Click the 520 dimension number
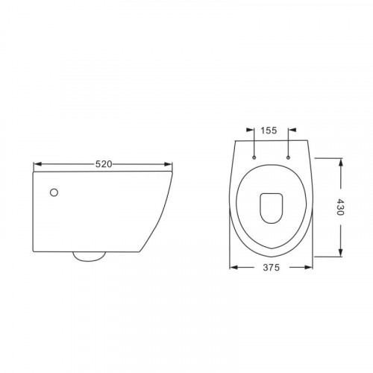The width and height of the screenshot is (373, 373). click(104, 164)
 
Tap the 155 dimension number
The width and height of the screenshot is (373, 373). click(269, 131)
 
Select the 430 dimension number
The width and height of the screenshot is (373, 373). click(340, 207)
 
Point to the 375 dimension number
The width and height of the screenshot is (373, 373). click(272, 267)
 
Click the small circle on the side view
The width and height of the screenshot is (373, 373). click(54, 192)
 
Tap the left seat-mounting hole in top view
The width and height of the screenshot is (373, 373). click(254, 157)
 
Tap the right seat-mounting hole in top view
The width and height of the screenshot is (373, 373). click(288, 157)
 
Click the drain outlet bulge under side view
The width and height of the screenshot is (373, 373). click(89, 257)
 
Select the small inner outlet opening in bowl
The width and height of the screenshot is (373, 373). click(272, 208)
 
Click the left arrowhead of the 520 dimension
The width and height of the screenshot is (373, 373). click(37, 164)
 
